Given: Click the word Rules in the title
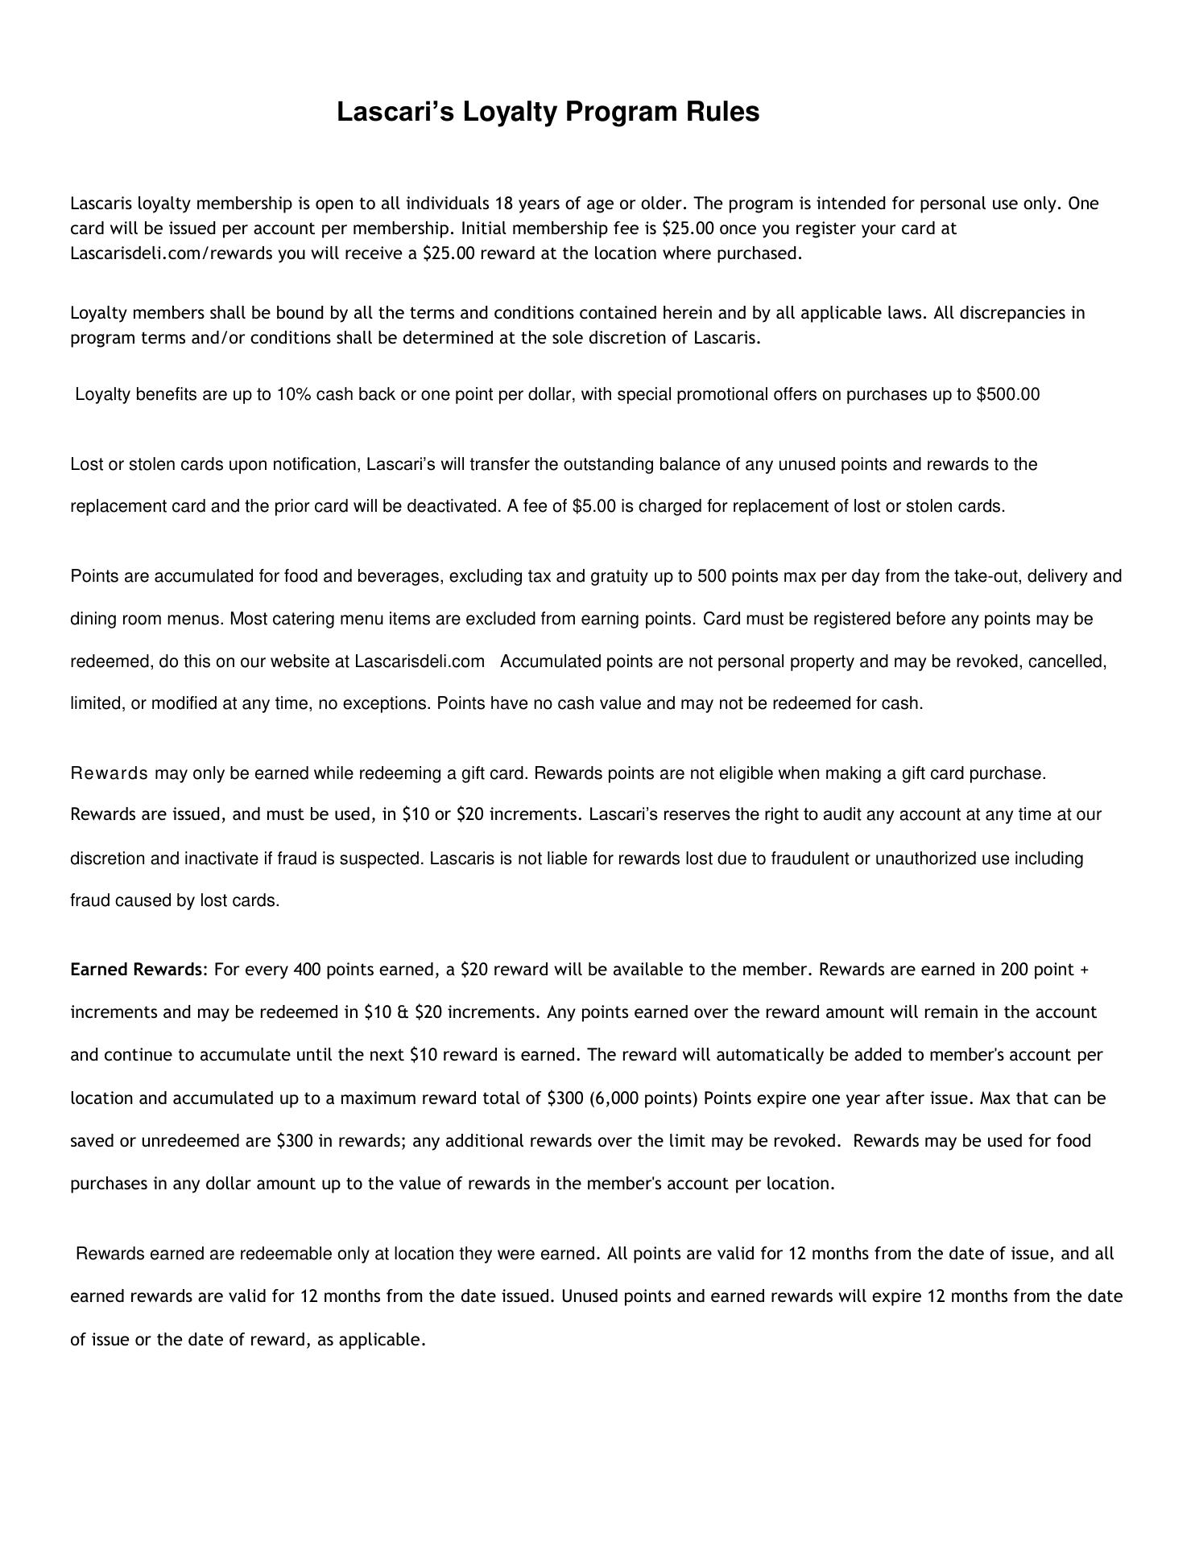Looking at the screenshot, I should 722,112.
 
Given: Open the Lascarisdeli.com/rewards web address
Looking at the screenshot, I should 172,253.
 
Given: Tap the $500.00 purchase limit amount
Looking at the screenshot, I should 1007,395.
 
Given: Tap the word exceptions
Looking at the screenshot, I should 390,704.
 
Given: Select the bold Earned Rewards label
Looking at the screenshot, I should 136,970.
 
